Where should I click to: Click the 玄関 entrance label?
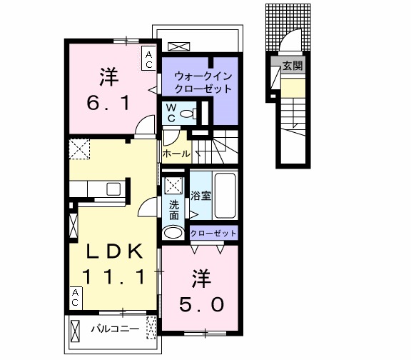(292, 66)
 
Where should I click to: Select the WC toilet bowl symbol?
(187, 114)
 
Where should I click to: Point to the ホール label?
(176, 153)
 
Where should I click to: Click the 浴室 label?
(201, 195)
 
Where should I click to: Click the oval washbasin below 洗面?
(173, 232)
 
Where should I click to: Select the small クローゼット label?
(213, 234)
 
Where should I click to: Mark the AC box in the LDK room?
(75, 297)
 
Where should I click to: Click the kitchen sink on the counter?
(113, 189)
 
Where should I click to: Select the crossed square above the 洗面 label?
(173, 185)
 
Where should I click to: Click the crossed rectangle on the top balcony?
(179, 46)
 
